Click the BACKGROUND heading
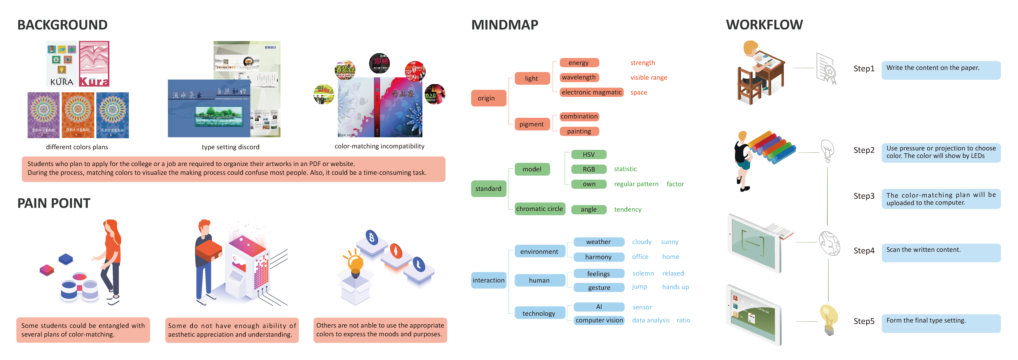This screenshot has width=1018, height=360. [x=62, y=25]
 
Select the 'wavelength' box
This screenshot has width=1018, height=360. [x=579, y=78]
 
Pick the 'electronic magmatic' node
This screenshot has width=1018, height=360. [x=592, y=92]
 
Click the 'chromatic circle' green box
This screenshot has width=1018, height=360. [x=539, y=209]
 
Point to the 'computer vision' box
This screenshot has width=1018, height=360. [x=599, y=320]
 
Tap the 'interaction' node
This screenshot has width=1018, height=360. [x=488, y=280]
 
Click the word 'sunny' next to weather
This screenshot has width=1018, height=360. [x=670, y=242]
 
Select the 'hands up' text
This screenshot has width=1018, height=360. [x=675, y=287]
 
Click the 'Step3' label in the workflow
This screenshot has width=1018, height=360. [x=864, y=196]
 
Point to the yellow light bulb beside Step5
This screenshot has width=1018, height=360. [x=829, y=319]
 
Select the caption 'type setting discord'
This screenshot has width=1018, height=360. [x=230, y=147]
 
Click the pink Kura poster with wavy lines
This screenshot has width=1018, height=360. [x=94, y=64]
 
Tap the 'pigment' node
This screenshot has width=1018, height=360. [x=532, y=124]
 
